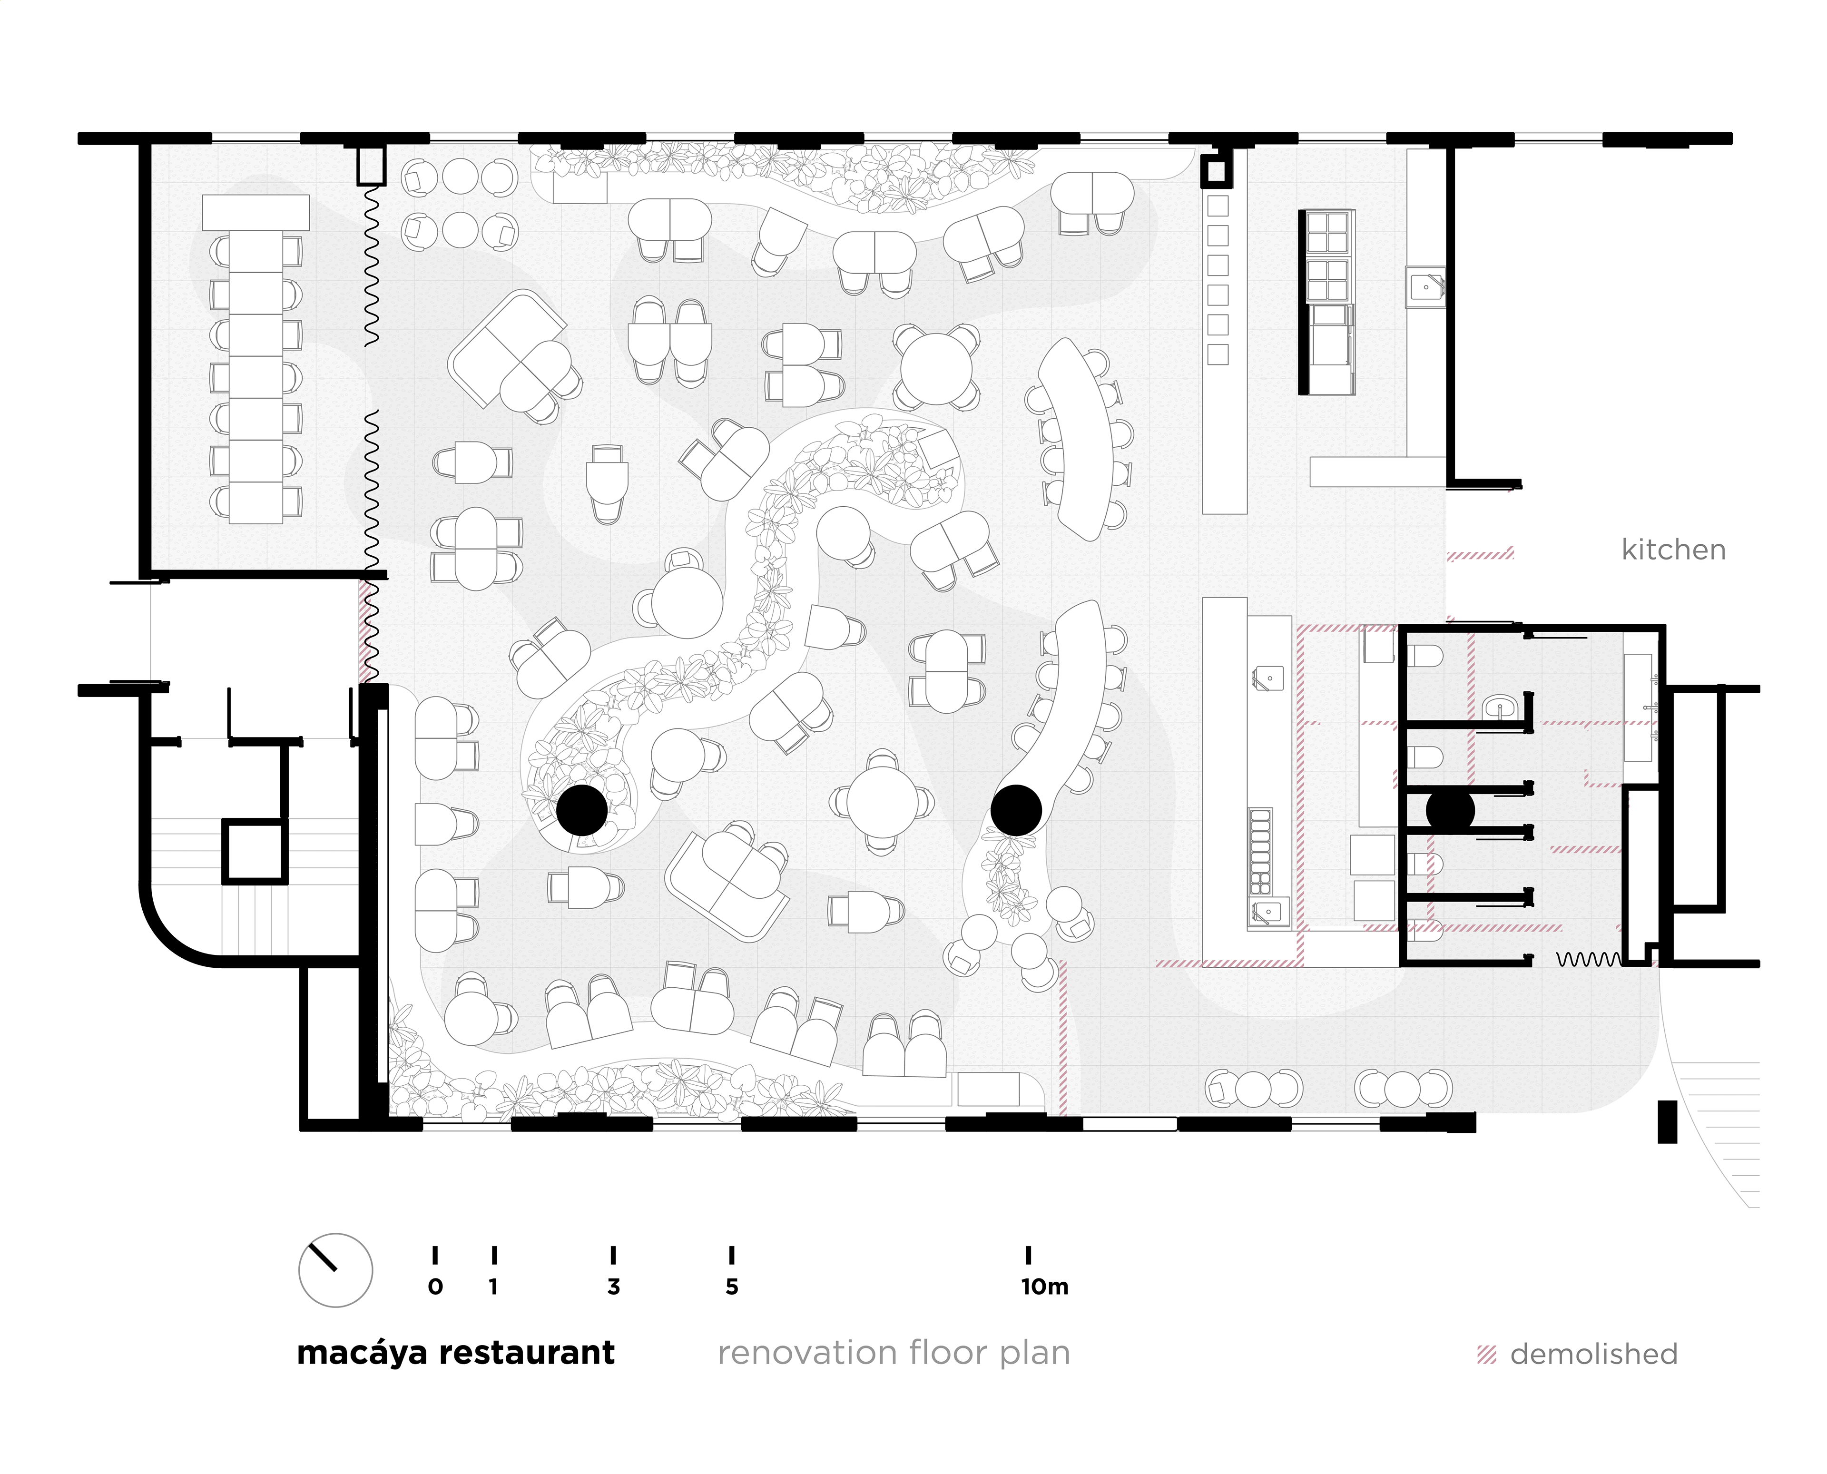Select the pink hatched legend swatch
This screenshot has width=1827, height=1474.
coord(1486,1355)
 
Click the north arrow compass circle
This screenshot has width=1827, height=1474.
coord(335,1270)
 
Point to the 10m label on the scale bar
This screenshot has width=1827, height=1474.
coord(1044,1287)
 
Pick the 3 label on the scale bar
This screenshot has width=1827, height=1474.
coord(613,1287)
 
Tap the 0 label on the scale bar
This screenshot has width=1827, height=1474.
coord(435,1287)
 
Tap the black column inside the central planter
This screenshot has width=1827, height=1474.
coord(581,810)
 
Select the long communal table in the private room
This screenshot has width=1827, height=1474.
coord(255,376)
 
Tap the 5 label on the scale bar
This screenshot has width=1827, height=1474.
coord(732,1287)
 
